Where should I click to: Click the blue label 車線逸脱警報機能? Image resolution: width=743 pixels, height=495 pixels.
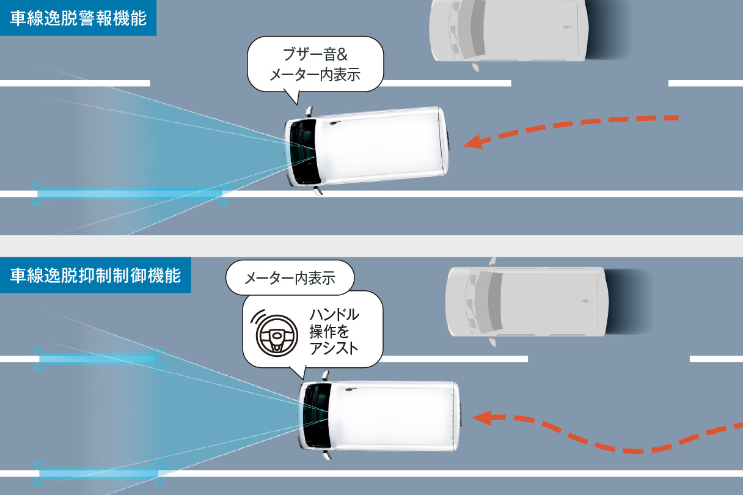pyautogui.click(x=78, y=18)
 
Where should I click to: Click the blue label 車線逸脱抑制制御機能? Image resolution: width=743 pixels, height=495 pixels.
pyautogui.click(x=95, y=276)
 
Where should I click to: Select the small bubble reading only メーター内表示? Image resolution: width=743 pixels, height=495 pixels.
pyautogui.click(x=290, y=279)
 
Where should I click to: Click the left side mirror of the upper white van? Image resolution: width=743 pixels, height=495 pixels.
pyautogui.click(x=317, y=190)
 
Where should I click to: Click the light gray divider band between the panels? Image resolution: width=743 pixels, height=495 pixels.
pyautogui.click(x=371, y=246)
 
